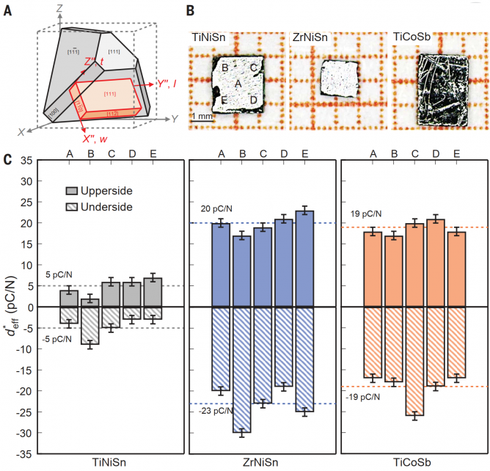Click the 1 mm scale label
[202, 117]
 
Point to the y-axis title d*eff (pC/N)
[13, 306]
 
